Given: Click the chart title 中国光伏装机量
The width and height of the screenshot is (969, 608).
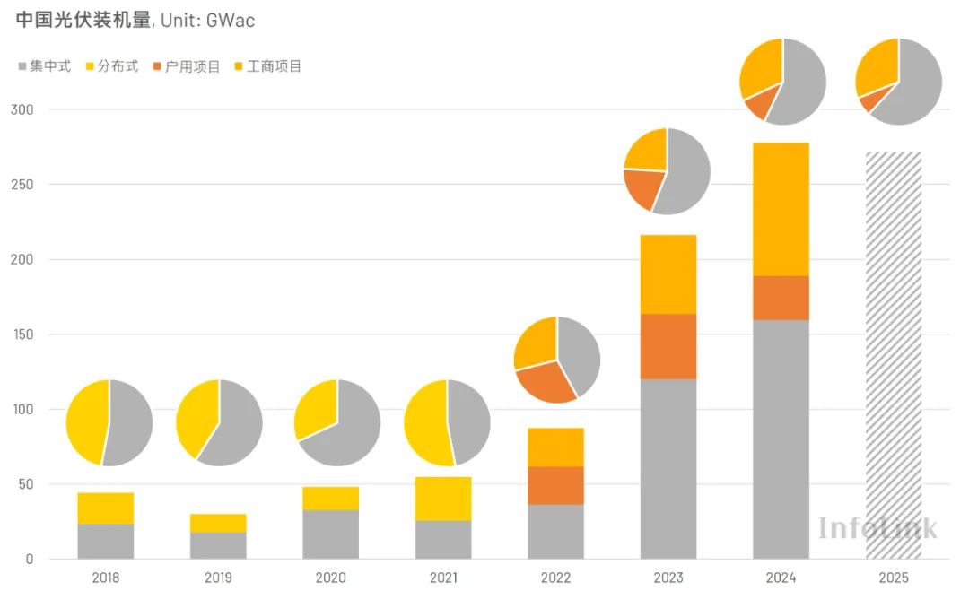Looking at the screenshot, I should tap(83, 20).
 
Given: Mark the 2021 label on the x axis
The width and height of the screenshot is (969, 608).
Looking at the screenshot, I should tap(443, 578).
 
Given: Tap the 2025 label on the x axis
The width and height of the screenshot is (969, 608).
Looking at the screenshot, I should tap(893, 578).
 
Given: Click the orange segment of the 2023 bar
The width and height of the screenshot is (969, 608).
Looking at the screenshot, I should tap(668, 346).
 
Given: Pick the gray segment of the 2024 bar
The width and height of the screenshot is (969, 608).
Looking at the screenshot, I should tap(781, 439).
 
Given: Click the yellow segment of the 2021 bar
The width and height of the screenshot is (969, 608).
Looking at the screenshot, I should tap(443, 499).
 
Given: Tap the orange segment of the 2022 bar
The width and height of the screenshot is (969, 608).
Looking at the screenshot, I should tap(555, 485).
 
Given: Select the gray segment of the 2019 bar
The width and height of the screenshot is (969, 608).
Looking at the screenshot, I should tap(218, 545).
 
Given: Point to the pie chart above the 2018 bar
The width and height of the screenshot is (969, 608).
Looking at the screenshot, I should tap(109, 422).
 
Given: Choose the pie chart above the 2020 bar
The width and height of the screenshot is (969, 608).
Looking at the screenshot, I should tap(337, 422).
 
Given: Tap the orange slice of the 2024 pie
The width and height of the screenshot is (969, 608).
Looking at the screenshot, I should tap(757, 106).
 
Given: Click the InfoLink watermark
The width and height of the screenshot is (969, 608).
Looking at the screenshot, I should tap(877, 527).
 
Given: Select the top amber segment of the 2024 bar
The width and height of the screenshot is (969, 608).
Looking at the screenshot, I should tap(781, 209).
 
